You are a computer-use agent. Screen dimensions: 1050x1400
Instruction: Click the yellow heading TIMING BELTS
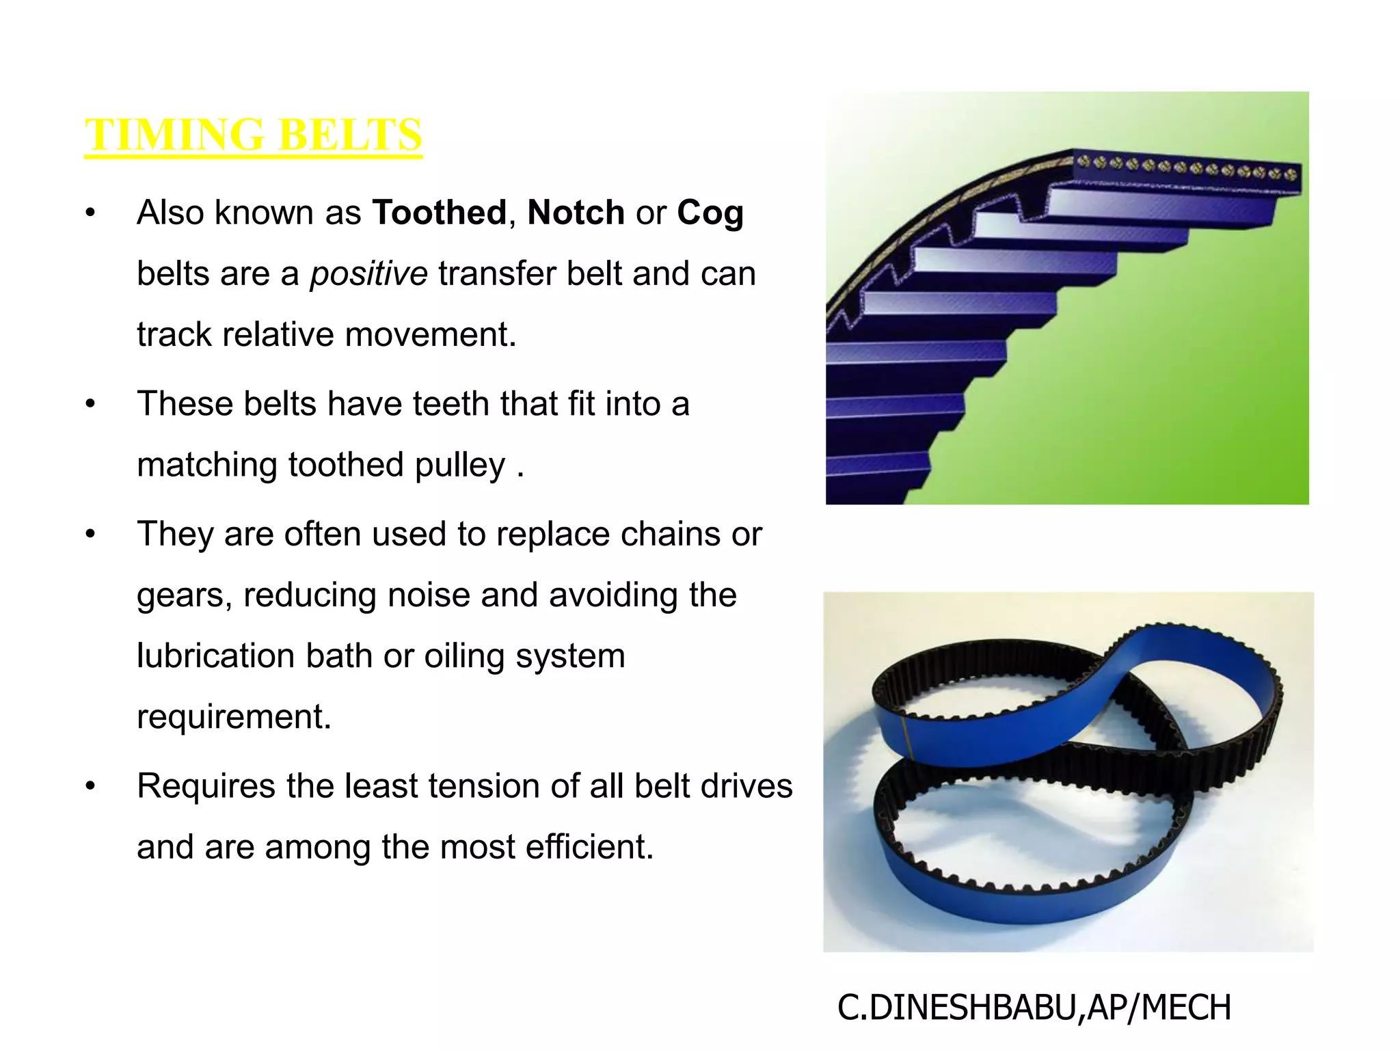point(253,134)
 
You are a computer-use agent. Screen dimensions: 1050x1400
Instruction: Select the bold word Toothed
point(439,213)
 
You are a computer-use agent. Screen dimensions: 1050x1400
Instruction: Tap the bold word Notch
point(576,213)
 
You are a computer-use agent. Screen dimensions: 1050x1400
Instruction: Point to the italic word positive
point(368,274)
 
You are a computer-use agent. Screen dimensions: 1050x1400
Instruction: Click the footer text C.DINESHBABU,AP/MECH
point(1034,1008)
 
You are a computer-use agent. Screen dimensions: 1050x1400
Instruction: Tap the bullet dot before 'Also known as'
point(90,213)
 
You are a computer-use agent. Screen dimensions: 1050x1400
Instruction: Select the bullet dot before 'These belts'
point(90,404)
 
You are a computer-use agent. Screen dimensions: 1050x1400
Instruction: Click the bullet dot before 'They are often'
point(90,535)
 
